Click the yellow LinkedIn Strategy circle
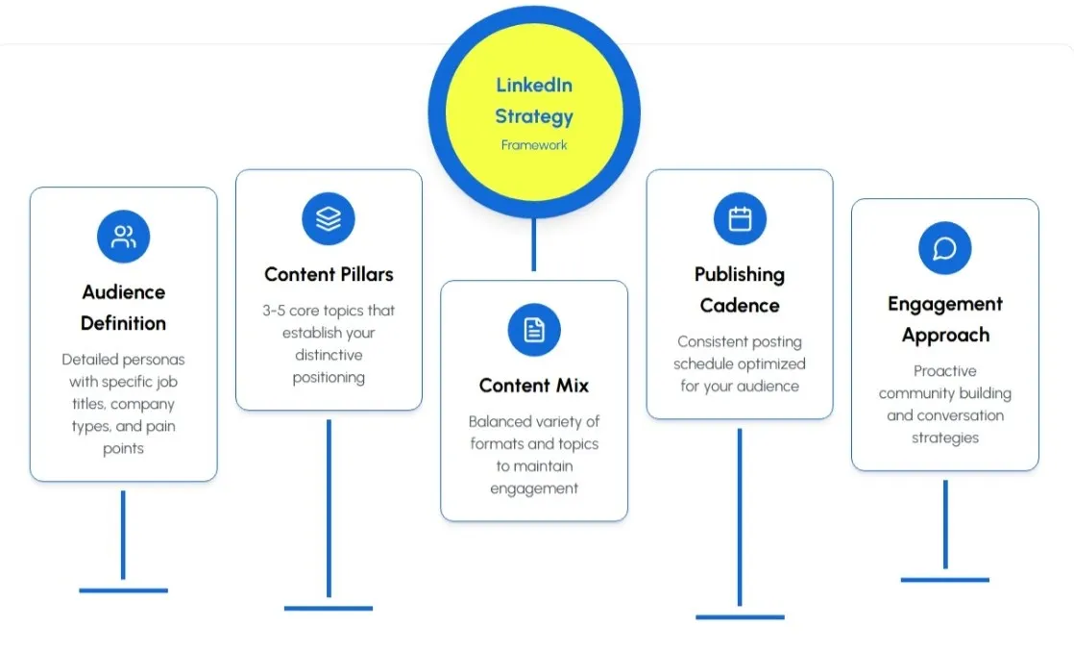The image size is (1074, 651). click(534, 113)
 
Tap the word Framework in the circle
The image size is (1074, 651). click(534, 145)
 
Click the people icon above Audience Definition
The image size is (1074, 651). click(123, 237)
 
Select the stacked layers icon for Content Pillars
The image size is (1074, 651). click(329, 218)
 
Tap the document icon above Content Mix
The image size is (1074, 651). click(534, 330)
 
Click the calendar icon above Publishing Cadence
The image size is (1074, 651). click(740, 218)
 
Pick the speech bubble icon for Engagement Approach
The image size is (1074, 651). click(944, 248)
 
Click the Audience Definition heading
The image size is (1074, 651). click(123, 308)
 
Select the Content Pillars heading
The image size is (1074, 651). click(329, 275)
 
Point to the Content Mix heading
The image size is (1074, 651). click(534, 386)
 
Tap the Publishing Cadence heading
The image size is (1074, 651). click(740, 289)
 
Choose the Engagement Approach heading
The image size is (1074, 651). click(944, 319)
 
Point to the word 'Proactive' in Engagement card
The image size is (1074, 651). click(944, 371)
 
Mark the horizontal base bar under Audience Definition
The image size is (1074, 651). click(123, 589)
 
